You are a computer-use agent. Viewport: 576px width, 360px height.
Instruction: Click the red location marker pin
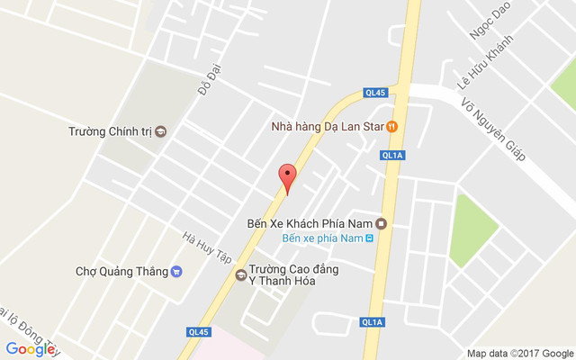(x=287, y=177)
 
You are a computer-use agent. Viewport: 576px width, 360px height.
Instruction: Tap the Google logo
(x=31, y=349)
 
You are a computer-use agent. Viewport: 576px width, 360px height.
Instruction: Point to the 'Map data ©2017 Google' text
(x=519, y=353)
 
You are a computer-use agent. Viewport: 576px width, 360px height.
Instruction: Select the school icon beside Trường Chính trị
(x=161, y=131)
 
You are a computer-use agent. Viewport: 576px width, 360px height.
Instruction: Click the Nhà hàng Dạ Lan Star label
(x=328, y=127)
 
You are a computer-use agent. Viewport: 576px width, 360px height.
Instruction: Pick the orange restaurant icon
(x=392, y=127)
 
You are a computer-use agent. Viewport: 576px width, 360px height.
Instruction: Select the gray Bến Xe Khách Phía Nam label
(x=310, y=223)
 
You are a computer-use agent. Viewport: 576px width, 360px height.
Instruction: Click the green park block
(x=474, y=221)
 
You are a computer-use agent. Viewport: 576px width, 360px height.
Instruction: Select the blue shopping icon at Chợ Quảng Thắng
(x=176, y=271)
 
